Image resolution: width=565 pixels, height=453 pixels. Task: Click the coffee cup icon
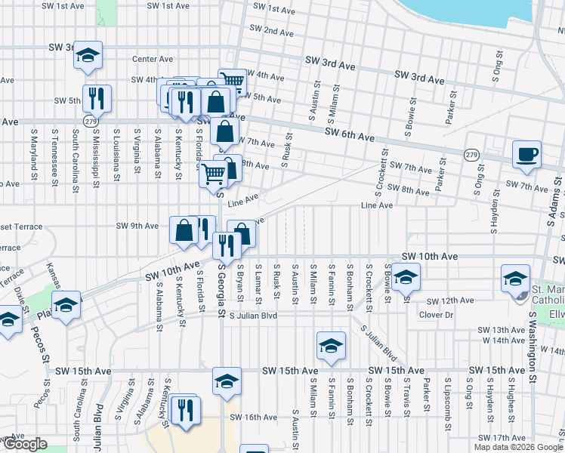click(x=526, y=154)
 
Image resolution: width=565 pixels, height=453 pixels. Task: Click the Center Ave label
click(x=153, y=59)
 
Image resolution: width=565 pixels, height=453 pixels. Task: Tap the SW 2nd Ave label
click(x=268, y=32)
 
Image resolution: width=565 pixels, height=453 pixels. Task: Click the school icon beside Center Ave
click(x=88, y=55)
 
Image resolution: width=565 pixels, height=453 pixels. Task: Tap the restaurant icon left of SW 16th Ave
click(x=184, y=410)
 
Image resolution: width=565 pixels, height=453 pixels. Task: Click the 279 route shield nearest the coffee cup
click(x=470, y=154)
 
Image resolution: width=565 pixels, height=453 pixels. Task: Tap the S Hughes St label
click(x=510, y=405)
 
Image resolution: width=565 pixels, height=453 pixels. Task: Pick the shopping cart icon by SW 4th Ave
click(x=232, y=82)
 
